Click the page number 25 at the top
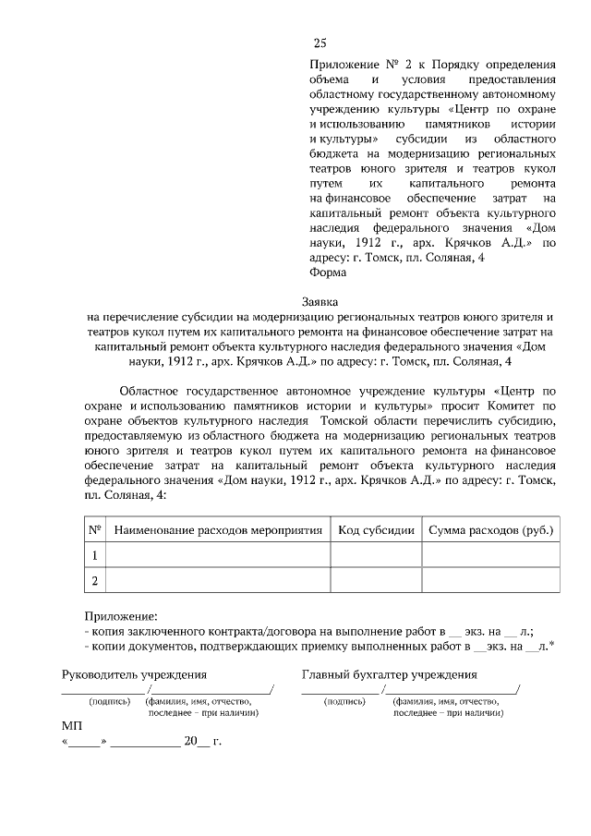[x=320, y=42]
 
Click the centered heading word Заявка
[x=320, y=301]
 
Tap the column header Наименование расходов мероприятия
[x=218, y=530]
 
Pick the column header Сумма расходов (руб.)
[x=490, y=530]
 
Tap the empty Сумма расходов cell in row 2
[x=490, y=580]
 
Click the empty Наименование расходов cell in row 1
[x=218, y=555]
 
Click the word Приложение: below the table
[x=120, y=616]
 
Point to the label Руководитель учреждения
[x=134, y=675]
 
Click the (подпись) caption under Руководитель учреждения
[x=109, y=701]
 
